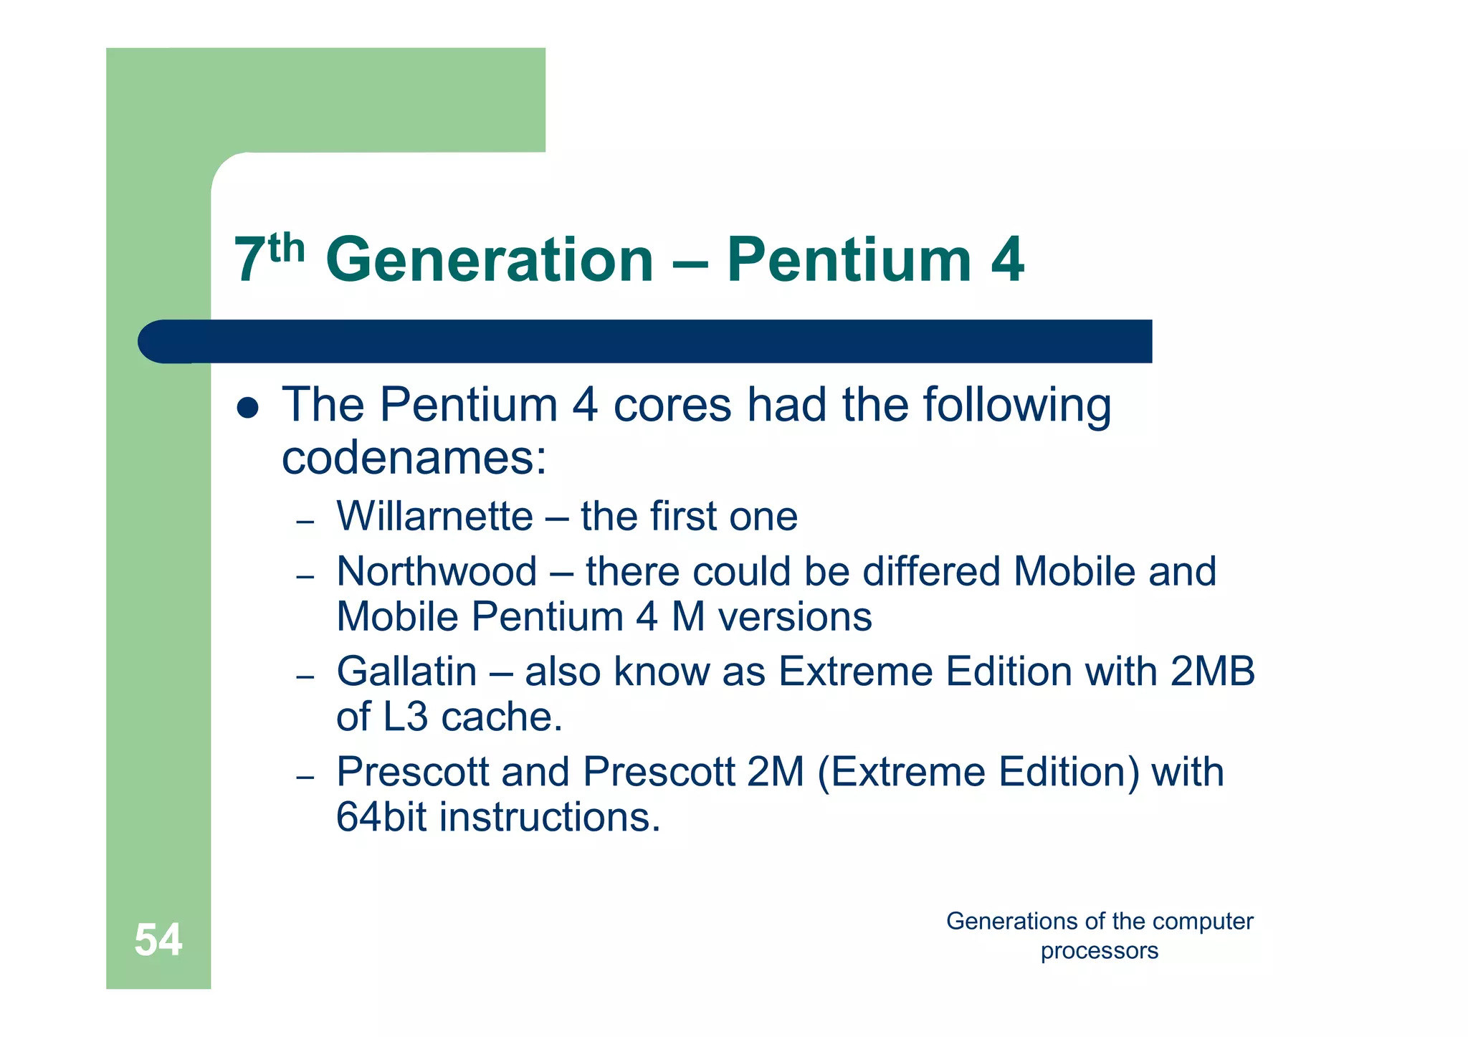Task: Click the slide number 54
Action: [x=158, y=940]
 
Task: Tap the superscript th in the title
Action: [x=287, y=248]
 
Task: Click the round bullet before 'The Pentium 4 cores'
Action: [x=247, y=408]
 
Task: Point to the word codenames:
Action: [x=414, y=459]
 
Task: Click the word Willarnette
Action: [x=435, y=516]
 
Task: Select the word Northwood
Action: [x=437, y=572]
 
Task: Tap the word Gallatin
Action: [x=406, y=672]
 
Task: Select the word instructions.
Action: [x=550, y=817]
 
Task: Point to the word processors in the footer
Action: [x=1099, y=951]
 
